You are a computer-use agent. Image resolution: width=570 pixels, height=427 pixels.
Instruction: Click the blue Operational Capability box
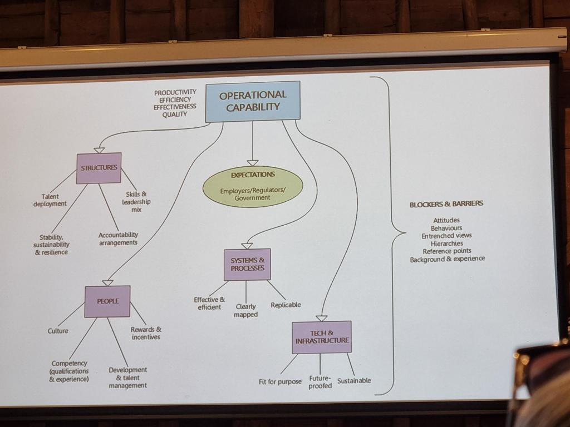click(x=253, y=101)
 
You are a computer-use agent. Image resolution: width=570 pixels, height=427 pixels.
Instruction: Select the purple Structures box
click(x=99, y=168)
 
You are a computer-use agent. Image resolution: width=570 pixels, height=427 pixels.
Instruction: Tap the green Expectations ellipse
click(x=253, y=187)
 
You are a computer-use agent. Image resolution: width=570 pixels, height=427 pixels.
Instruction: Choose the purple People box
click(x=107, y=301)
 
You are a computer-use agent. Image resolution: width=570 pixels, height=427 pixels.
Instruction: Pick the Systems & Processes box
click(x=247, y=264)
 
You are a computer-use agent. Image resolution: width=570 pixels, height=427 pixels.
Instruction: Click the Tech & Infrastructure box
click(x=322, y=337)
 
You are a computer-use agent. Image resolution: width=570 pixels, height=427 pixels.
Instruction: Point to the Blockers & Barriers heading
click(x=446, y=204)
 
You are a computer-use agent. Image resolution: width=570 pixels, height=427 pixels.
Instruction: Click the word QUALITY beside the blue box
click(x=174, y=115)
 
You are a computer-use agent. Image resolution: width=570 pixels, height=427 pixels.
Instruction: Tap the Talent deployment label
click(x=50, y=200)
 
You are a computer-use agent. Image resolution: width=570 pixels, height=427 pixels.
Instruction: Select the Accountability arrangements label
click(x=118, y=239)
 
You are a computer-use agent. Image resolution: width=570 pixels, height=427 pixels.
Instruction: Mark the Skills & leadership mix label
click(x=136, y=202)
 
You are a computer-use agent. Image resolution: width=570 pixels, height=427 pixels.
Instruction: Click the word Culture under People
click(x=58, y=331)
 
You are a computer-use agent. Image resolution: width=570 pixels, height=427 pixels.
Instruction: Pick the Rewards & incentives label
click(x=146, y=334)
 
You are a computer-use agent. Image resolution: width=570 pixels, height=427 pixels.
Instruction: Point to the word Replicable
click(x=286, y=305)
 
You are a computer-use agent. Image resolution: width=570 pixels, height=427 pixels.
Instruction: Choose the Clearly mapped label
click(x=245, y=310)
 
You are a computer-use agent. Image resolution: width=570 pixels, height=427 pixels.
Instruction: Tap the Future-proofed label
click(x=320, y=382)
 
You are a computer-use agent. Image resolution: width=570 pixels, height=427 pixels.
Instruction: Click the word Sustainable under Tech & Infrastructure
click(x=354, y=380)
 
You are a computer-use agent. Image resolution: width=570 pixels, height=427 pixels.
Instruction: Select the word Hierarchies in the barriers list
click(x=447, y=244)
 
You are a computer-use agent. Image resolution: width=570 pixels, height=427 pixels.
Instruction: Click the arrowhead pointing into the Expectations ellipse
click(x=253, y=163)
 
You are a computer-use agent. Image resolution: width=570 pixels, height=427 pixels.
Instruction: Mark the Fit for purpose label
click(x=281, y=381)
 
